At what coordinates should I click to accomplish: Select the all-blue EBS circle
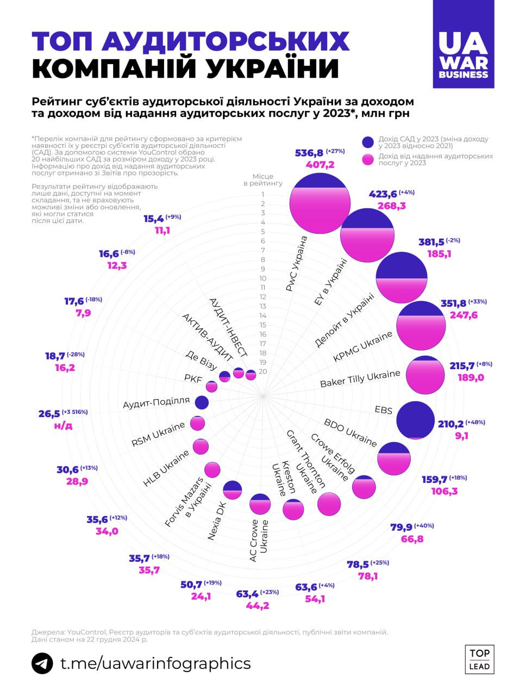416,420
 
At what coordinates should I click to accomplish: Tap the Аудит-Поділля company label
156,403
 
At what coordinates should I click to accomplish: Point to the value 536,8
309,153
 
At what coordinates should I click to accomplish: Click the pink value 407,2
320,165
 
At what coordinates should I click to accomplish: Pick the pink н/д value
63,425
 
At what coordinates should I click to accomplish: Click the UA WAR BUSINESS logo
464,44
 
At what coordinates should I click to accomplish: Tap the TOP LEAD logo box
479,660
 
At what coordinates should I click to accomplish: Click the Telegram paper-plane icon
42,664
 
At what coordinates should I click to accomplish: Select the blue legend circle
368,142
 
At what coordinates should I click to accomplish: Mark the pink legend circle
368,159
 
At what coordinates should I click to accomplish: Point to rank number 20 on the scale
263,372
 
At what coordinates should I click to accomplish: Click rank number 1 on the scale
263,195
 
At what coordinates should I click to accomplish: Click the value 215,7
462,366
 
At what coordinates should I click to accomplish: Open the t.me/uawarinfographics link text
155,663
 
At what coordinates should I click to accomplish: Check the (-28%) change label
76,355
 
